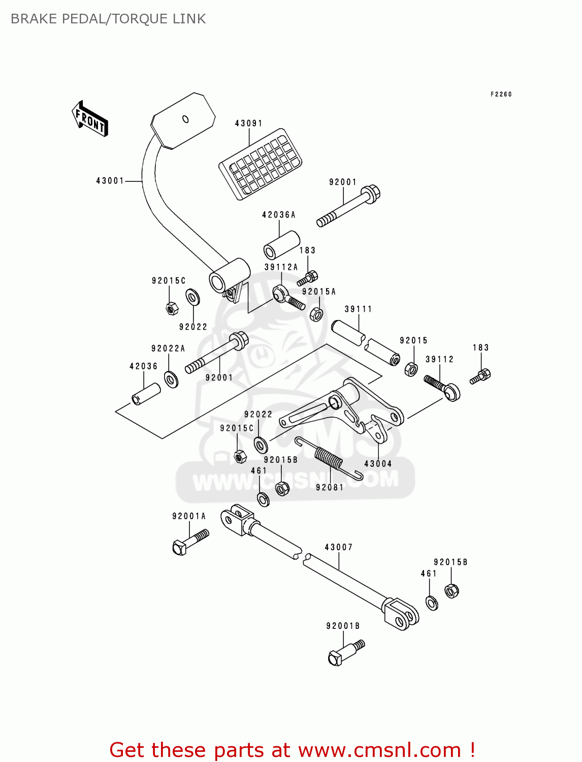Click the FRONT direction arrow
(x=90, y=119)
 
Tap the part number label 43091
(x=248, y=123)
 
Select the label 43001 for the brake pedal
(x=110, y=181)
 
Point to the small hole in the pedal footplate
(x=185, y=119)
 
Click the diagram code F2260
(x=501, y=94)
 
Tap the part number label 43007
(x=338, y=547)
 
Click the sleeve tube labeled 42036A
(x=281, y=244)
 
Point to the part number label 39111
(x=358, y=309)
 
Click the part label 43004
(x=378, y=464)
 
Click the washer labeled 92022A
(x=171, y=379)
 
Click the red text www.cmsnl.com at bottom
(x=379, y=750)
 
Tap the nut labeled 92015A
(x=316, y=314)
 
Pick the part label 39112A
(x=281, y=267)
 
